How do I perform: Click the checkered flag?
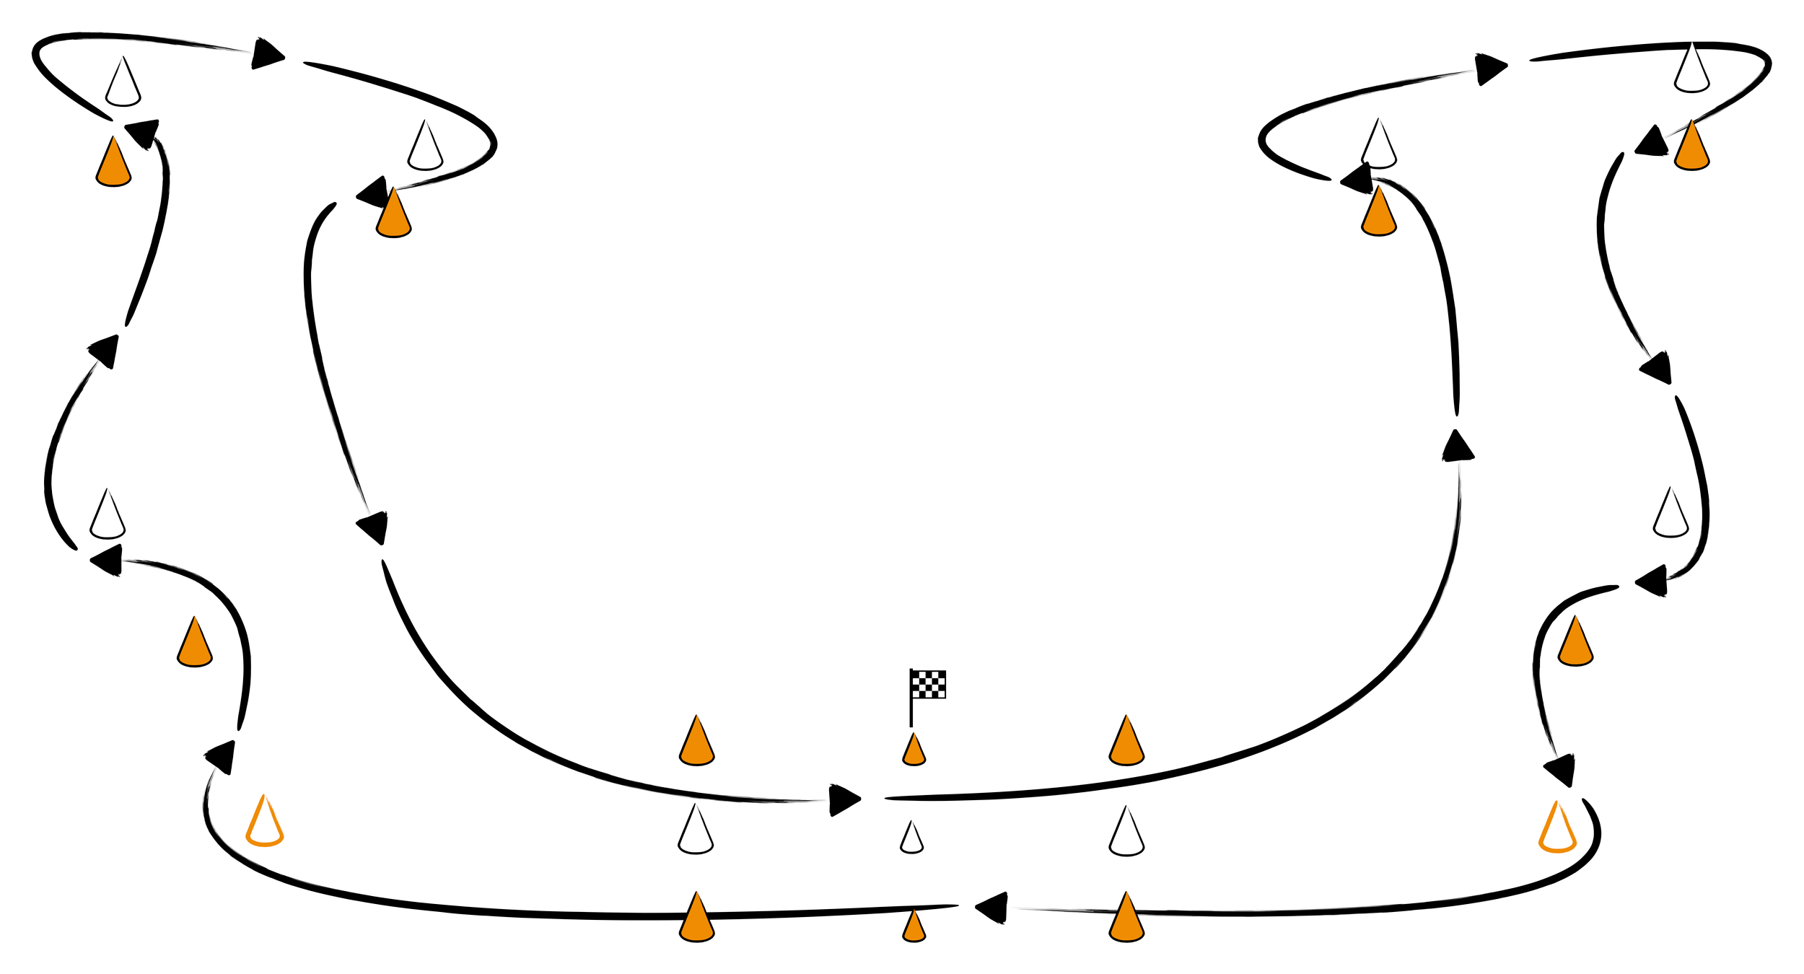click(928, 684)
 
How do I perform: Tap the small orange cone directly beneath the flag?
click(914, 750)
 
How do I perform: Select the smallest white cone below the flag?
click(911, 838)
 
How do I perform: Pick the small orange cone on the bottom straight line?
click(914, 927)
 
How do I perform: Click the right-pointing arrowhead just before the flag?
click(842, 799)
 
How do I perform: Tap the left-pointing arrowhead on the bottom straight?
click(993, 908)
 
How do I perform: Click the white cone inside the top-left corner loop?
click(123, 84)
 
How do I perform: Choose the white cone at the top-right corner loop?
click(1691, 71)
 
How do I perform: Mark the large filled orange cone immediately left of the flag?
click(696, 743)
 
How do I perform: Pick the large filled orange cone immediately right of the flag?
click(1126, 743)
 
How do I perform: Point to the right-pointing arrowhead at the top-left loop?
click(266, 54)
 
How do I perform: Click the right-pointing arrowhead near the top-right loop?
click(1489, 69)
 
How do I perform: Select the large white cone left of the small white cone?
click(695, 832)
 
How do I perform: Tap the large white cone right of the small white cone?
click(1126, 834)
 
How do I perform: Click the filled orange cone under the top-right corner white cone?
click(1691, 149)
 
